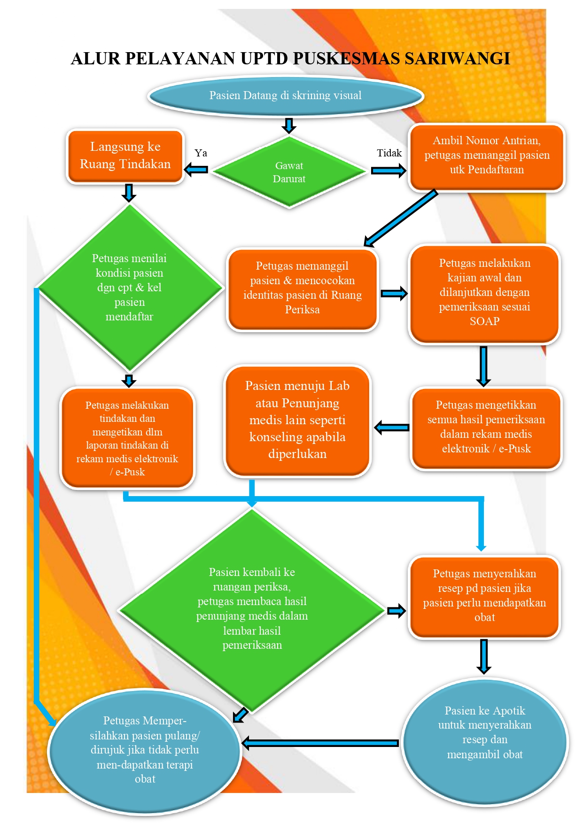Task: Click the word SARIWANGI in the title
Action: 457,58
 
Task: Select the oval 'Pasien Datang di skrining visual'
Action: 286,95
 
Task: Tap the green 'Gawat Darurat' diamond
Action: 289,172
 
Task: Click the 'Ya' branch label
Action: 201,153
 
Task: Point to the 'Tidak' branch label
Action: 389,153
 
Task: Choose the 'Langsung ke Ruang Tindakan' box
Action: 125,156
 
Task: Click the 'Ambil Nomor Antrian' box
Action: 486,157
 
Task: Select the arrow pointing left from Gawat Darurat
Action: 196,170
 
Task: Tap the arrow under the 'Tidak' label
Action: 389,170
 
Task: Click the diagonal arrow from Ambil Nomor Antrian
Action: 400,218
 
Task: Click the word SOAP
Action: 484,321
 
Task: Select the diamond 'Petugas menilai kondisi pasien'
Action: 129,288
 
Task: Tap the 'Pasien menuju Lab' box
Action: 297,421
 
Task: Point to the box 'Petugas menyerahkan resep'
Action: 484,597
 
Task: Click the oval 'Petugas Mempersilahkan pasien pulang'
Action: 145,751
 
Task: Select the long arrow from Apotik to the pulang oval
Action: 320,743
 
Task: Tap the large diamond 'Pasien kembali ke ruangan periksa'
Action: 252,610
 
